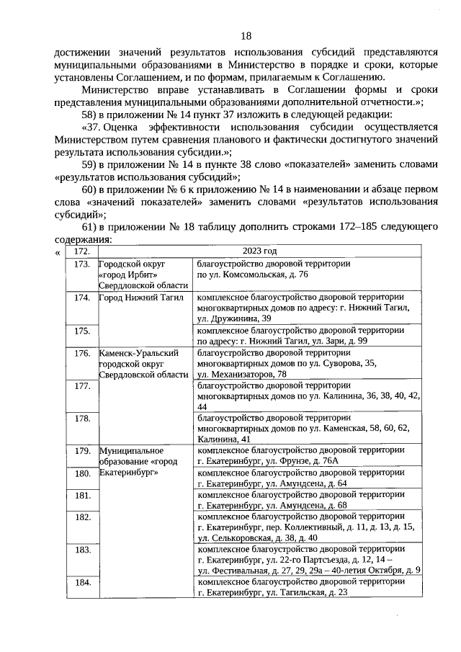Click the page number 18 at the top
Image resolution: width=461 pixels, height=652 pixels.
[x=246, y=36]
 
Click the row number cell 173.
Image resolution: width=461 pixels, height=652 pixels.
[x=81, y=264]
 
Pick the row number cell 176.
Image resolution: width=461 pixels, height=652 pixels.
[x=81, y=353]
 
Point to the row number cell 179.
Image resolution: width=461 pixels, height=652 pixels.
[x=81, y=450]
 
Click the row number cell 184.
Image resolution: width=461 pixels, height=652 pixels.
[x=81, y=581]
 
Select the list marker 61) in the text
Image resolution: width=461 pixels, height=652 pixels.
[x=90, y=228]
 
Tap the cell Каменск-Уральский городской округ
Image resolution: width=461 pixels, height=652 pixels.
[x=143, y=364]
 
